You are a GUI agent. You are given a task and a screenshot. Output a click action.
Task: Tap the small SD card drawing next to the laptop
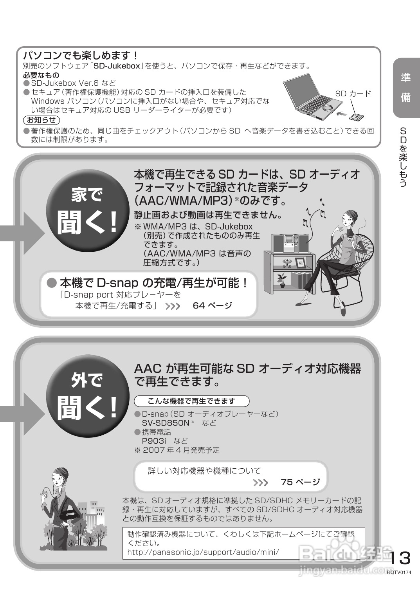(357, 117)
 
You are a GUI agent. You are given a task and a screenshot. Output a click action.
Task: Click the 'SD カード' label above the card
(353, 93)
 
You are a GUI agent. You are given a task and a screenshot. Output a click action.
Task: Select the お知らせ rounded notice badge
(41, 120)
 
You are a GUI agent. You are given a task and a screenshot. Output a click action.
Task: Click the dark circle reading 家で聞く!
(87, 211)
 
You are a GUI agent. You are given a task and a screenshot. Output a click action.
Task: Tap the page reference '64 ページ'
(212, 305)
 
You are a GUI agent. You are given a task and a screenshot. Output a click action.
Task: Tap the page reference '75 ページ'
(300, 482)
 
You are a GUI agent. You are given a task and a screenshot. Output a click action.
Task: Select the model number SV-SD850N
(165, 423)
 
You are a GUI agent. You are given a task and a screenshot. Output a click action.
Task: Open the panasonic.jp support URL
(203, 552)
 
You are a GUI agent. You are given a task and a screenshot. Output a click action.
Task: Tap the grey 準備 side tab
(406, 88)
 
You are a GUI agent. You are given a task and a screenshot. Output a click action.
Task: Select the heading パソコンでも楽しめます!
(81, 55)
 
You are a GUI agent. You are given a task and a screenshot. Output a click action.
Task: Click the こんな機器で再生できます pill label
(191, 401)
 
